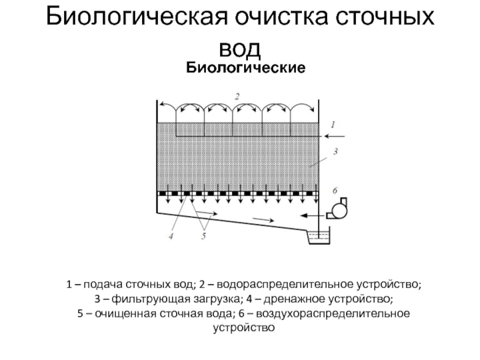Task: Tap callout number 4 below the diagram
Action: point(171,236)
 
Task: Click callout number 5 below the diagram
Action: point(203,237)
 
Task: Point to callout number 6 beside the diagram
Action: point(335,190)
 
